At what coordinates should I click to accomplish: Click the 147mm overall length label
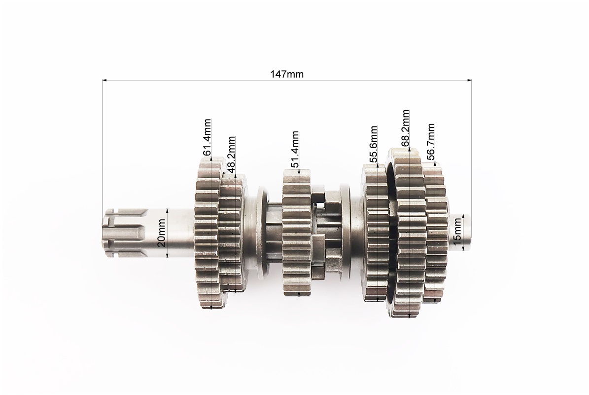click(287, 74)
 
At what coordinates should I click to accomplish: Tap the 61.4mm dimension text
click(207, 137)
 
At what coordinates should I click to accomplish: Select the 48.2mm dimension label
click(231, 154)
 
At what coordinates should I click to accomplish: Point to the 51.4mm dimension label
click(295, 149)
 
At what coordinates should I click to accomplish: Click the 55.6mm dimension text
click(373, 144)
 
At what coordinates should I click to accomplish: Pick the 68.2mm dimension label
click(405, 128)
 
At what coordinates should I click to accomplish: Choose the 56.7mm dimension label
click(430, 142)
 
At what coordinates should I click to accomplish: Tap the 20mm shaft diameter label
click(161, 233)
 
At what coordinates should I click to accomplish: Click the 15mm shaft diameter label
click(457, 233)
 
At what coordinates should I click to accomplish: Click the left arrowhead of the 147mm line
click(105, 80)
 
